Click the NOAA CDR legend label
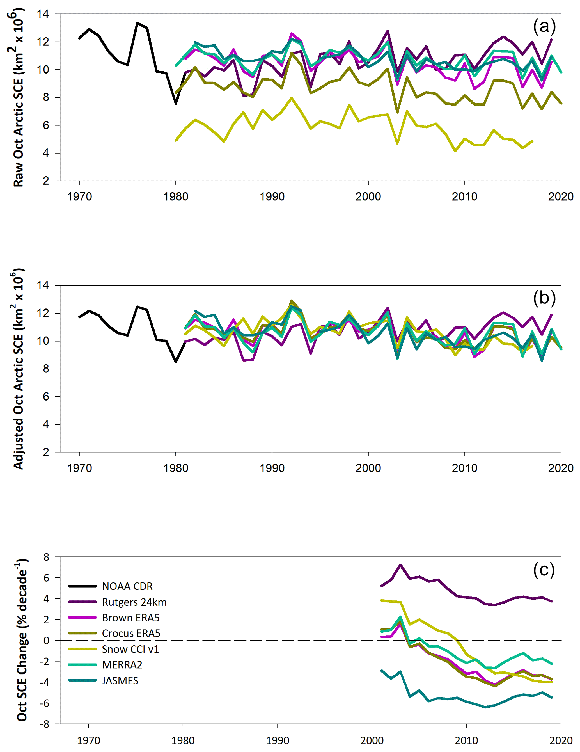tap(127, 586)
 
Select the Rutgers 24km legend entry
tap(134, 602)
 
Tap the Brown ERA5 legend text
tap(130, 618)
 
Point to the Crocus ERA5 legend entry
tap(131, 633)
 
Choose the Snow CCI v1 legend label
tap(130, 649)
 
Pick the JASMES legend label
tap(120, 680)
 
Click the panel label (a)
tap(544, 26)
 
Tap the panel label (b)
tap(544, 298)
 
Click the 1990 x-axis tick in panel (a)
tap(272, 197)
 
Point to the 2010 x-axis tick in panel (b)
tap(464, 468)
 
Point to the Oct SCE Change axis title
tap(21, 641)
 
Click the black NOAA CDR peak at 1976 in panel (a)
tap(137, 23)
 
